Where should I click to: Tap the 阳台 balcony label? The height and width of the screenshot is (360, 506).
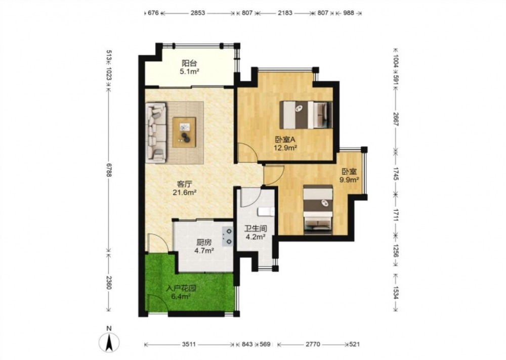click(189, 63)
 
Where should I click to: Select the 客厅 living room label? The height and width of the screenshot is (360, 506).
click(185, 184)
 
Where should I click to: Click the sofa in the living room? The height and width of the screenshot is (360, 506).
click(156, 132)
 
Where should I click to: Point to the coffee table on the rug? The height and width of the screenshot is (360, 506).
click(184, 132)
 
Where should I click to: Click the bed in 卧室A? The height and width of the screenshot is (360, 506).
click(306, 115)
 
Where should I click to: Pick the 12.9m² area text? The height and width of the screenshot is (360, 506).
click(285, 148)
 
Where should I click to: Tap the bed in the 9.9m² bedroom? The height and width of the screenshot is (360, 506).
click(318, 209)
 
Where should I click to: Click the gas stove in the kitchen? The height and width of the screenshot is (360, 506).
click(227, 236)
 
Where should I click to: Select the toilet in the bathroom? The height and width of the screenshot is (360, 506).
click(266, 212)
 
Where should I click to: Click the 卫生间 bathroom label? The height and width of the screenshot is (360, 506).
click(255, 228)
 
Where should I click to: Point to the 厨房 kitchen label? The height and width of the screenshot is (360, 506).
click(204, 242)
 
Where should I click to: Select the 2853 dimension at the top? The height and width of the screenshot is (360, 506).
click(197, 13)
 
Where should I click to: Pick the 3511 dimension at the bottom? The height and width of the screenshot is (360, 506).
click(189, 344)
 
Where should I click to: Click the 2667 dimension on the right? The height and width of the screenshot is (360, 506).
click(396, 119)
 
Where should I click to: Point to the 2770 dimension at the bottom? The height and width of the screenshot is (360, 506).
click(313, 344)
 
